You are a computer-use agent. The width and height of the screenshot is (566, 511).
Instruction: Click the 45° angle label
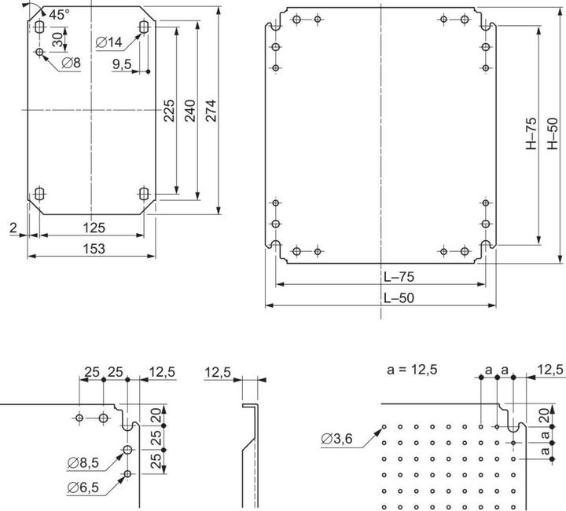tap(58, 14)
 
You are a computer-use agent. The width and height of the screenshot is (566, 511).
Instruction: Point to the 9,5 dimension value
tap(122, 64)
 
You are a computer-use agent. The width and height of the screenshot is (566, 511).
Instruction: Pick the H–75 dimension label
tap(531, 134)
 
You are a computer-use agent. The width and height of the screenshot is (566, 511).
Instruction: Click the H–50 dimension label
tap(552, 134)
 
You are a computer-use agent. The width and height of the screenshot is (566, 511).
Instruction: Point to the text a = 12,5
tap(413, 369)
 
